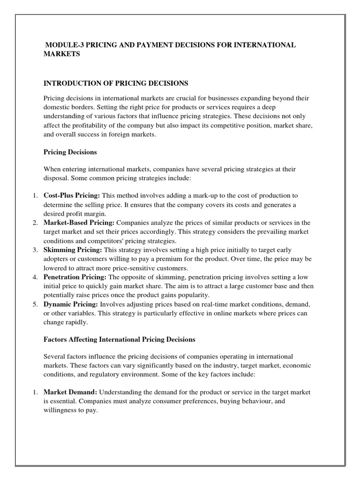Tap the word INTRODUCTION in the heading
click(x=73, y=83)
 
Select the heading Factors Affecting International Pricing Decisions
click(x=119, y=339)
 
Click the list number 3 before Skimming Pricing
click(x=35, y=250)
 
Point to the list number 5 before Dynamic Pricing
click(x=35, y=305)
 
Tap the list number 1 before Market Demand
click(x=35, y=391)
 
